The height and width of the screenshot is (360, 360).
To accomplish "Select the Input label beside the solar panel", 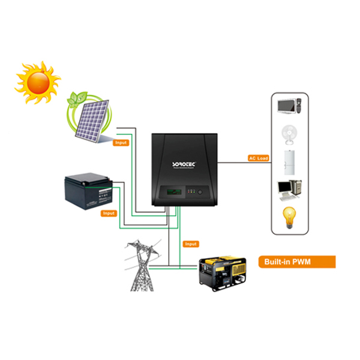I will point(120,143).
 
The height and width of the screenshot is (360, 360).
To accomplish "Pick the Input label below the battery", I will point(109,213).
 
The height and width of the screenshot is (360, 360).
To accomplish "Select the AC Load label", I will point(258,158).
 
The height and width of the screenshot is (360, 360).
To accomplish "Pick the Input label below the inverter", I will point(191,244).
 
